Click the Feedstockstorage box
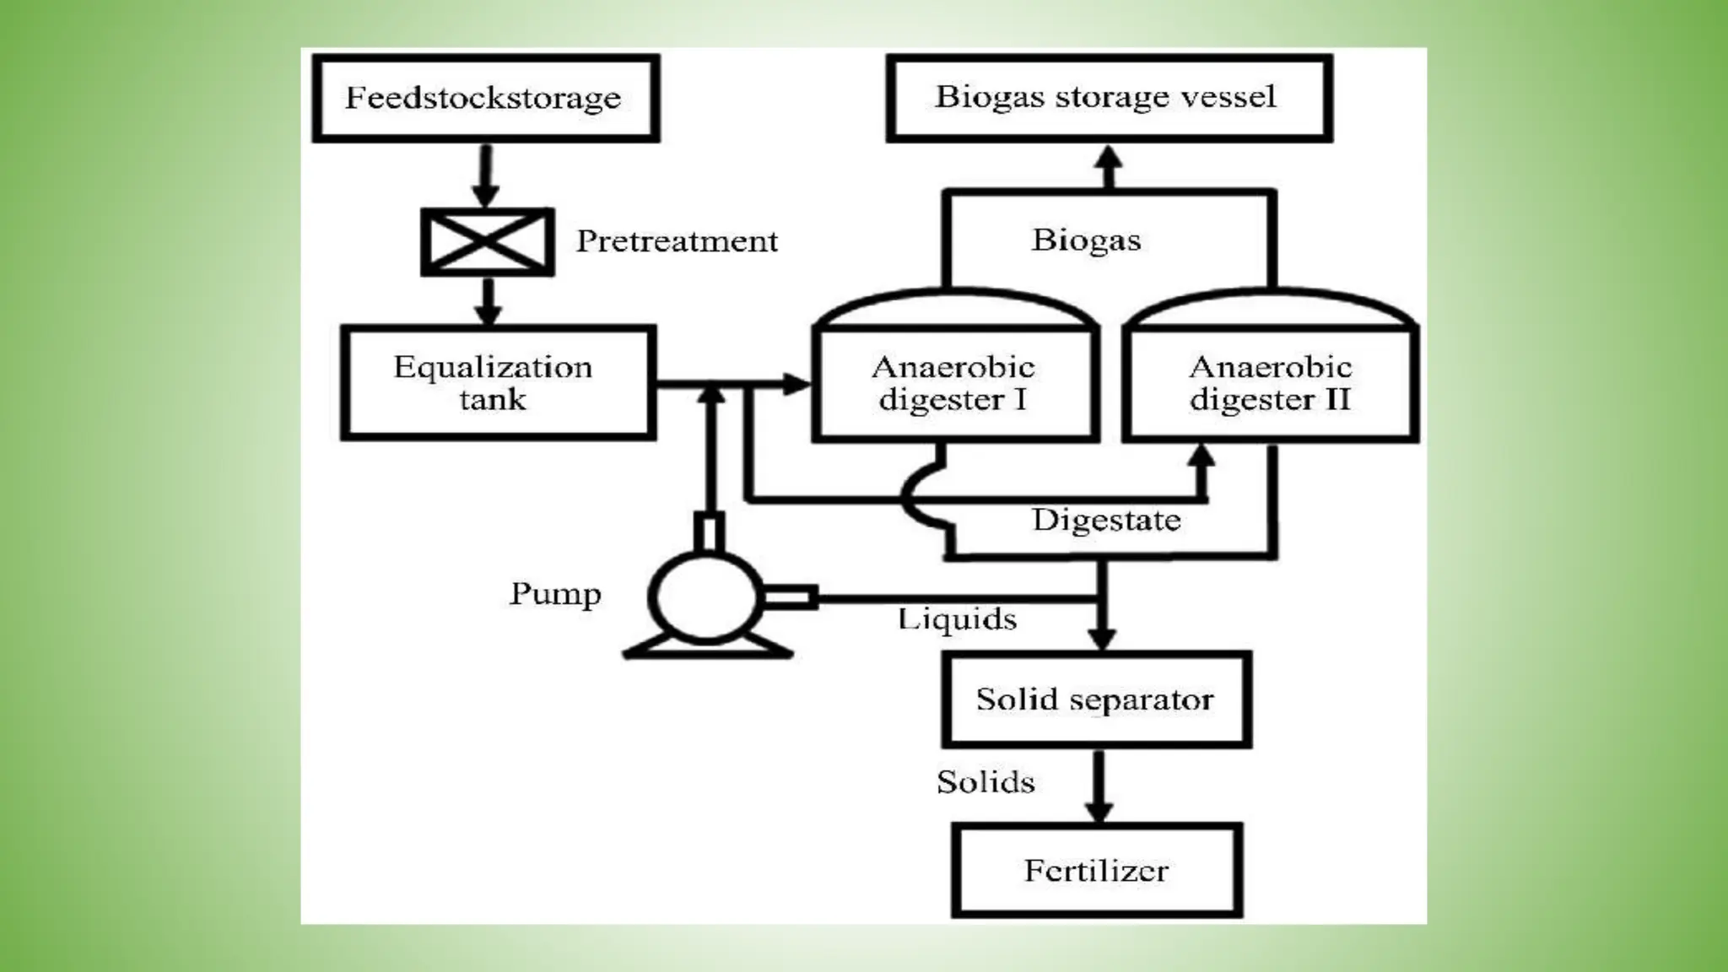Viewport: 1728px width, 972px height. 485,98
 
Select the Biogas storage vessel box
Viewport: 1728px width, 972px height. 1109,97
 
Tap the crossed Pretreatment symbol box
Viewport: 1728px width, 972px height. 488,242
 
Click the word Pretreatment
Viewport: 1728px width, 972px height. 677,241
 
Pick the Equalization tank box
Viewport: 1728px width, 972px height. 498,383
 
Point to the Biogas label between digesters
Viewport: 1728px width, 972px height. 1086,240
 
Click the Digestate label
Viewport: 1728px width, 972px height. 1106,520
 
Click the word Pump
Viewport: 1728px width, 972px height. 555,594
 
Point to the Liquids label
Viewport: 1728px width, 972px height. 957,619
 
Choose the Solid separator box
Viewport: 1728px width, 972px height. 1095,699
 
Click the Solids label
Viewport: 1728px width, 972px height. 985,782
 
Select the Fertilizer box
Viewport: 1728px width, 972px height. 1096,871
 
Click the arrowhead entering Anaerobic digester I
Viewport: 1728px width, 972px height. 795,385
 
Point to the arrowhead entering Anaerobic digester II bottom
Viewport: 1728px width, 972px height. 1201,456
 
